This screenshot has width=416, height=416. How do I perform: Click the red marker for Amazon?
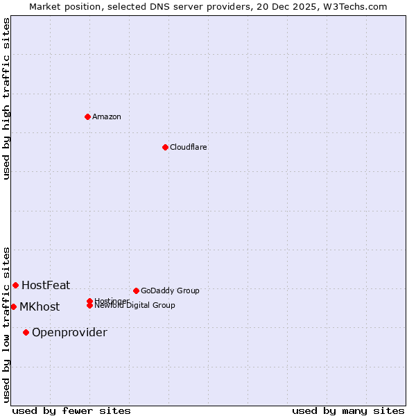click(x=87, y=116)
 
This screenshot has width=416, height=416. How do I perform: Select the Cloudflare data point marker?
click(x=165, y=147)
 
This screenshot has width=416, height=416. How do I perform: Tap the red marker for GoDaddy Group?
click(x=136, y=291)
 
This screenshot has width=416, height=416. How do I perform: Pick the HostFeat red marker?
click(x=15, y=285)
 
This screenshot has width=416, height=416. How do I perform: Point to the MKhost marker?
click(x=13, y=306)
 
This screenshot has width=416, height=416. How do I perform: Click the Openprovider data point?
click(x=26, y=332)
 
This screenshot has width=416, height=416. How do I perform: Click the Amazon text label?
click(x=107, y=116)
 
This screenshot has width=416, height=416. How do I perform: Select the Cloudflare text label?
click(x=188, y=147)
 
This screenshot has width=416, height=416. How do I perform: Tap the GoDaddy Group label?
click(x=170, y=291)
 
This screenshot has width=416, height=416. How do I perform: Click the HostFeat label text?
click(x=46, y=285)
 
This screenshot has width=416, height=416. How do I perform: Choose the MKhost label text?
click(x=40, y=307)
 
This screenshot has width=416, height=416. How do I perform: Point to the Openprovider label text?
click(x=69, y=333)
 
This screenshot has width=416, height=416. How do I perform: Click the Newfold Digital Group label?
click(x=135, y=306)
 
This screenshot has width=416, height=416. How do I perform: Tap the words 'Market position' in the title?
click(x=60, y=6)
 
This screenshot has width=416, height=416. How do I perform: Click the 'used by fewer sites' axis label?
click(x=71, y=410)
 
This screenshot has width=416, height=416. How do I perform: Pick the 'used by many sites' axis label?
click(x=348, y=410)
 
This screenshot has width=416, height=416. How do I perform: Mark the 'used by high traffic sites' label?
click(x=6, y=98)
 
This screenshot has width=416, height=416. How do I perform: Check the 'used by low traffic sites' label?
click(x=6, y=324)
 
